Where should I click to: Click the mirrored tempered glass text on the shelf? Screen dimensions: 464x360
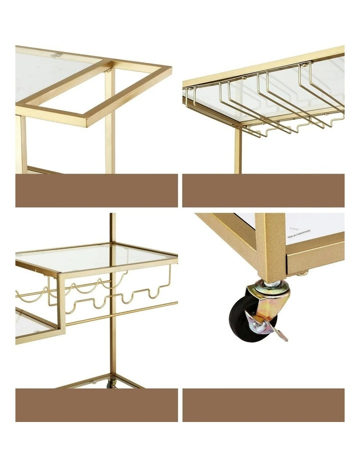tap(300, 231)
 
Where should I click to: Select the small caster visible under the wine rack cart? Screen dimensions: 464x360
tap(112, 384)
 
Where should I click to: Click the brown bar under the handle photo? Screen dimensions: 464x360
tap(96, 190)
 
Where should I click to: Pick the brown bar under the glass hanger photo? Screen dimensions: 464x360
tap(263, 190)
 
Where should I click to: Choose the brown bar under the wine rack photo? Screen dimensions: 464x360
tap(96, 404)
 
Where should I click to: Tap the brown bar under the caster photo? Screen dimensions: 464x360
tap(263, 404)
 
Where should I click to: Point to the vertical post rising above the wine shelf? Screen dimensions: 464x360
tap(112, 227)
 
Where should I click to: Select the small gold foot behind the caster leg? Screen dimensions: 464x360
tap(301, 272)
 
